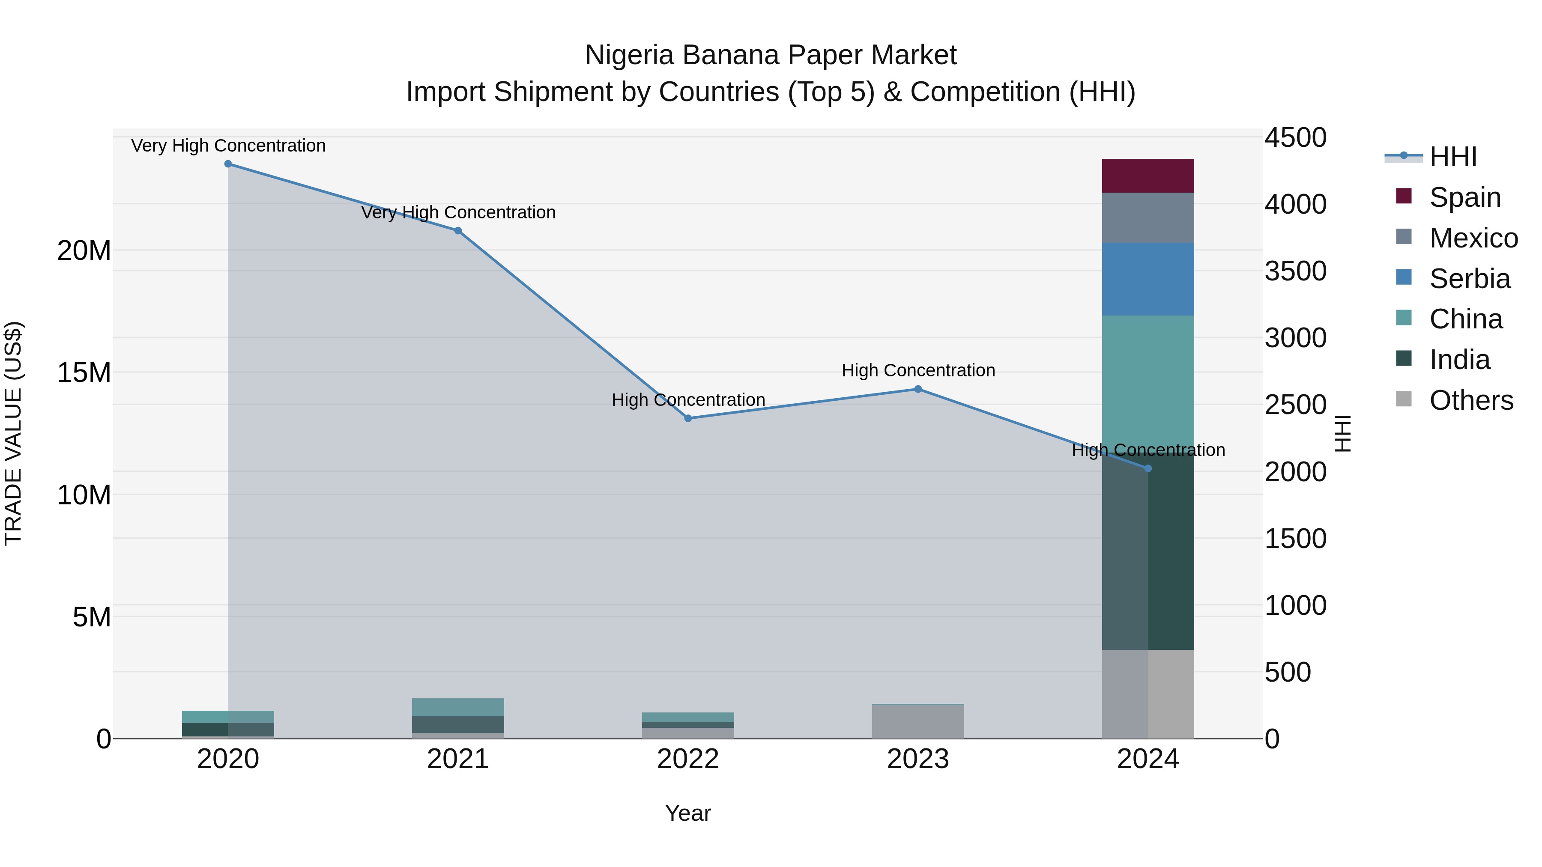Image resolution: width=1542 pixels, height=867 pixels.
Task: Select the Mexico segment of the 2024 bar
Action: pyautogui.click(x=1148, y=218)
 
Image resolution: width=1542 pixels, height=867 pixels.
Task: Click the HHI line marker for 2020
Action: pyautogui.click(x=228, y=164)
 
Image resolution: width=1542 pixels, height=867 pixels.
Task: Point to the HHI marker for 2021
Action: pyautogui.click(x=458, y=230)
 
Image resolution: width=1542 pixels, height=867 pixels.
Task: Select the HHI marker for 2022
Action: pyautogui.click(x=688, y=418)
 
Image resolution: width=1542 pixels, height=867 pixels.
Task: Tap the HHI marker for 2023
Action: pyautogui.click(x=917, y=389)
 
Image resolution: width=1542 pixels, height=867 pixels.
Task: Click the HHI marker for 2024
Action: pyautogui.click(x=1148, y=468)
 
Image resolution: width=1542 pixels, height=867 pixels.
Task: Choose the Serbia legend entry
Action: pyautogui.click(x=1469, y=279)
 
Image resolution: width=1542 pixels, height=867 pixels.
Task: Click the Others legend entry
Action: pyautogui.click(x=1471, y=400)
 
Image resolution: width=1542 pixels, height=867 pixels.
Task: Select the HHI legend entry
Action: pyautogui.click(x=1453, y=157)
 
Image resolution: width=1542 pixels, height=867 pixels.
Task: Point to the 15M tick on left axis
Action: pyautogui.click(x=84, y=373)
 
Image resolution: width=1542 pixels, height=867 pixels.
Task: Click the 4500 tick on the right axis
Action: pyautogui.click(x=1295, y=137)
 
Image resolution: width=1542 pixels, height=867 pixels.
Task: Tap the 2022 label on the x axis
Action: pyautogui.click(x=688, y=759)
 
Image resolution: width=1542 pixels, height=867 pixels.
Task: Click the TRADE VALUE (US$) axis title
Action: pyautogui.click(x=13, y=433)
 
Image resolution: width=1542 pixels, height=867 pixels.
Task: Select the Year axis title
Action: pyautogui.click(x=688, y=813)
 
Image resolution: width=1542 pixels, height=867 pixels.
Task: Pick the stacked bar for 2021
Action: pyautogui.click(x=458, y=718)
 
